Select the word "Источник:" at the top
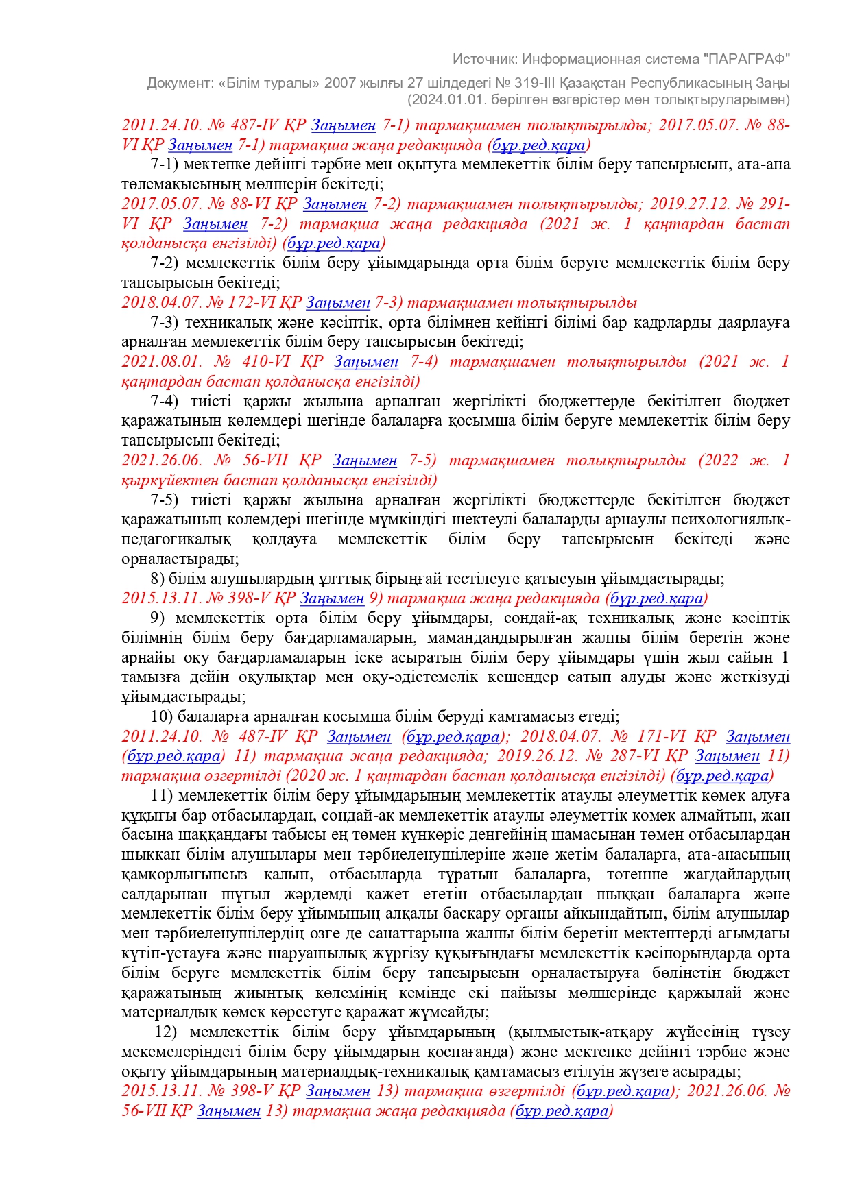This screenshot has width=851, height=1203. [x=484, y=59]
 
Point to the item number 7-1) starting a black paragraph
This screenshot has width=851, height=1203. [x=164, y=165]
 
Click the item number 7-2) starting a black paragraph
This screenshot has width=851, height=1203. [x=164, y=263]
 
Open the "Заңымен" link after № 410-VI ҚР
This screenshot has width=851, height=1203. [x=366, y=362]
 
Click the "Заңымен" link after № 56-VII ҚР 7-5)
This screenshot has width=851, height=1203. [x=365, y=461]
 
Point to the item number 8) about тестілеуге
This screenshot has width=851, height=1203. [x=157, y=579]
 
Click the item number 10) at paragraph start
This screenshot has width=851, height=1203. [x=162, y=717]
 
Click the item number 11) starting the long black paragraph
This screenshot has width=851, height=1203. [x=161, y=796]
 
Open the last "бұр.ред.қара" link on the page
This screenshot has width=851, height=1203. [x=562, y=1111]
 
